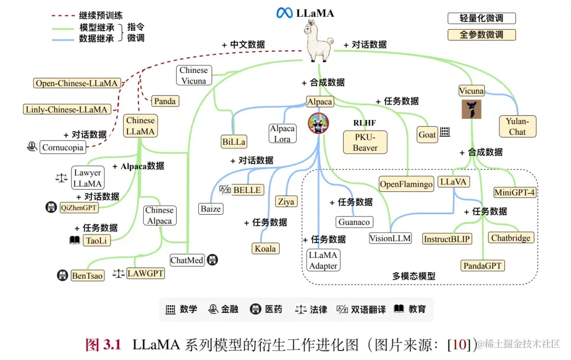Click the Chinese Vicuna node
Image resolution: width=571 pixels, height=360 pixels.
194,75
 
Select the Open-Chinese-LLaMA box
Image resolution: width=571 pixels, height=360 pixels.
77,83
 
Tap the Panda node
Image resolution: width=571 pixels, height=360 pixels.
165,101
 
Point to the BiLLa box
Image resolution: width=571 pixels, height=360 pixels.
234,141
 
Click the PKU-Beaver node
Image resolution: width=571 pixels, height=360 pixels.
365,142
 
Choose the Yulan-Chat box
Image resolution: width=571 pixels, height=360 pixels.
517,126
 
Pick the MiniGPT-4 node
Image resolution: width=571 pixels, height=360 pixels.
515,192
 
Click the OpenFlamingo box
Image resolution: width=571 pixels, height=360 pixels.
406,184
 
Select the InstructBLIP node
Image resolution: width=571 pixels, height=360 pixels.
447,238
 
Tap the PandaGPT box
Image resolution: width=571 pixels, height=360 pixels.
482,265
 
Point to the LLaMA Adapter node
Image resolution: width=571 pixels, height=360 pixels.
323,260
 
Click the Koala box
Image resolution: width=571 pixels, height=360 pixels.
265,248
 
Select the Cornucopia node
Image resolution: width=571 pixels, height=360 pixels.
62,147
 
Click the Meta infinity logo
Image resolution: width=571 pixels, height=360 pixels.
284,13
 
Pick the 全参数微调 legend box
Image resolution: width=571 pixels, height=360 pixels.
481,35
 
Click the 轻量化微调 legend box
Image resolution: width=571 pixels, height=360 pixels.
481,18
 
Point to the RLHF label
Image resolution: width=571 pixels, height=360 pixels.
365,123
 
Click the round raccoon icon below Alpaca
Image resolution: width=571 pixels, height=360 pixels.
318,123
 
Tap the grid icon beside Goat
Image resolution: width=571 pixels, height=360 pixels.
445,132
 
